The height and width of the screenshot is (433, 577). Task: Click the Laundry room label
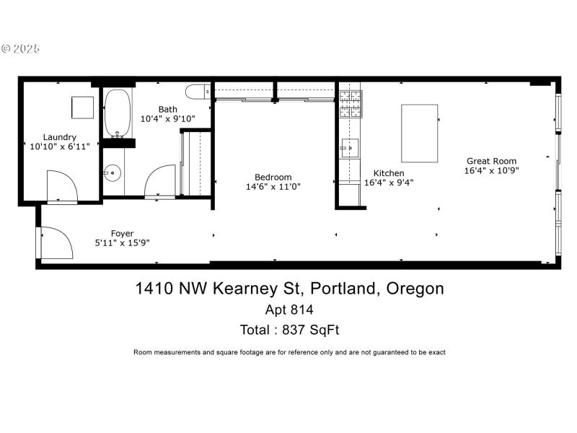click(60, 137)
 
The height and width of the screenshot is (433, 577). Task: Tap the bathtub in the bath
click(116, 113)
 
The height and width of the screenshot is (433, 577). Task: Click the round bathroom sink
click(112, 172)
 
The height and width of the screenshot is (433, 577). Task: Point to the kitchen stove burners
click(350, 104)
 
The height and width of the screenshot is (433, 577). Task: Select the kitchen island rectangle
click(419, 134)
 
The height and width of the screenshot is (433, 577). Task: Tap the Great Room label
click(491, 161)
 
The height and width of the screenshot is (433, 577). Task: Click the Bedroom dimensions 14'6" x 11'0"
click(273, 186)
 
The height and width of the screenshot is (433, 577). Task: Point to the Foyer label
click(122, 233)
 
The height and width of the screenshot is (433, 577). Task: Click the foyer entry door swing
click(56, 242)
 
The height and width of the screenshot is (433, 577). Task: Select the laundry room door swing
click(61, 186)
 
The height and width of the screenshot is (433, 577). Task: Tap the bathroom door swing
click(160, 181)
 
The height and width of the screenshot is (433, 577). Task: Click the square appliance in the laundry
click(82, 106)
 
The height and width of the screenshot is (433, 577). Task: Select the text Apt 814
click(289, 310)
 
